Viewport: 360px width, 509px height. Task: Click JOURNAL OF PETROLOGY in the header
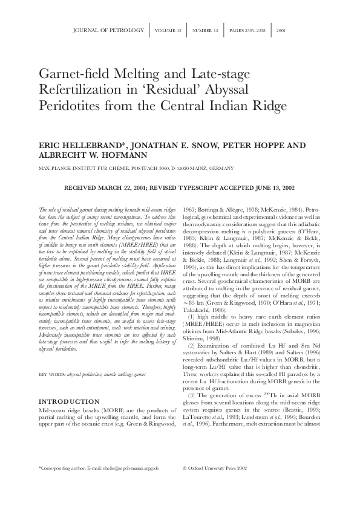tap(108, 30)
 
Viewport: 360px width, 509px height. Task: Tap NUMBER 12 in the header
tap(206, 30)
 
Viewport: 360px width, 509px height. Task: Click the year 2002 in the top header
tap(281, 30)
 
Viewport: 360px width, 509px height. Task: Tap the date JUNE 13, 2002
tap(273, 188)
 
